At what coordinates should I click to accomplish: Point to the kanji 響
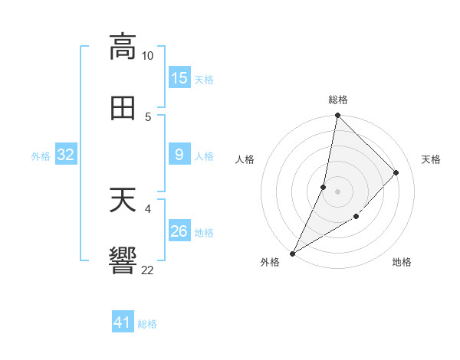click(x=123, y=260)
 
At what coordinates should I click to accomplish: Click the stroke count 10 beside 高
click(x=148, y=56)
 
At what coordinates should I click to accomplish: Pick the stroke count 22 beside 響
click(x=148, y=270)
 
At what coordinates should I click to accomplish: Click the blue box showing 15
click(x=179, y=78)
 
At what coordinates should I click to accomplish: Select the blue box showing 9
click(x=179, y=155)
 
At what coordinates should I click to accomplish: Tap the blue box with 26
click(x=179, y=231)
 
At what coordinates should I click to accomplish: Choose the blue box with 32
click(x=66, y=155)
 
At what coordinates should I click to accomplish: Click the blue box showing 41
click(x=123, y=322)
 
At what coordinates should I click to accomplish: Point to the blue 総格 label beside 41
click(x=147, y=324)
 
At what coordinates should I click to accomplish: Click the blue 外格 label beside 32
click(x=41, y=156)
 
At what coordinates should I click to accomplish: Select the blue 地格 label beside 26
click(x=204, y=233)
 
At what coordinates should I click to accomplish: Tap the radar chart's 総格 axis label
click(x=338, y=100)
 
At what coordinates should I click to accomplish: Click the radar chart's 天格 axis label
click(x=431, y=159)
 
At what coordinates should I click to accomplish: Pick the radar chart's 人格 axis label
click(x=245, y=159)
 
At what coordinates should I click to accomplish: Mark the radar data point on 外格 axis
click(x=293, y=254)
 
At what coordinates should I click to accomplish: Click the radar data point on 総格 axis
click(x=337, y=116)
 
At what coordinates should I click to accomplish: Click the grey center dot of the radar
click(x=337, y=191)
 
